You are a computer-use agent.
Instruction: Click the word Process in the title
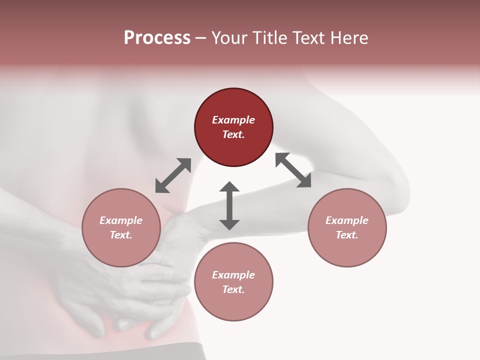coord(157,38)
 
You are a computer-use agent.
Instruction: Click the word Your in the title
coord(230,38)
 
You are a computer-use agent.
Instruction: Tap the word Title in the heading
coord(267,38)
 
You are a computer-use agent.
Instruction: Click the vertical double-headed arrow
coord(229,205)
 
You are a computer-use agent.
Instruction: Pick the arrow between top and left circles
coord(173,175)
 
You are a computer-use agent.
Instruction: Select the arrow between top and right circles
coord(293,170)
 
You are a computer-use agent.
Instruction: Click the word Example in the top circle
coord(233,120)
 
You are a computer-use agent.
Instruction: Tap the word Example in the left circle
coord(121,220)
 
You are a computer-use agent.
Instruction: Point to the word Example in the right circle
coord(347,220)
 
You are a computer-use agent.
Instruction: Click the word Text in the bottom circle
coord(233,289)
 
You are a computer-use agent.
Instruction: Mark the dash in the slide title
coord(201,38)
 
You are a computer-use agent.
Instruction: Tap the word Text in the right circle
coord(347,235)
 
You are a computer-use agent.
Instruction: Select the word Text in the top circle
coord(233,134)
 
